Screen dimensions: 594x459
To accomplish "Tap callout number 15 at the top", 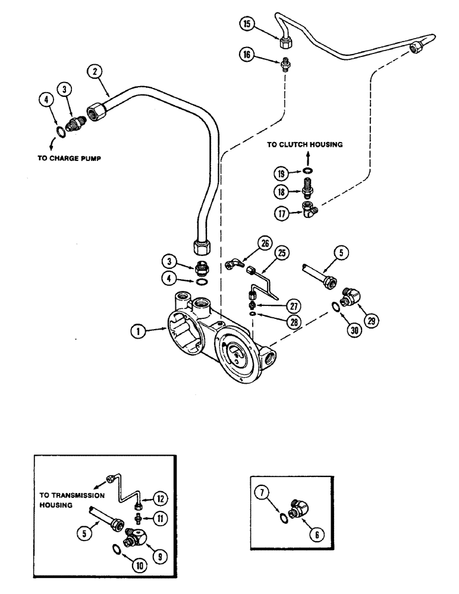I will pos(247,24).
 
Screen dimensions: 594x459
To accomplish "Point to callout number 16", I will pos(247,56).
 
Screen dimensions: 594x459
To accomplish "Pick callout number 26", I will pos(264,242).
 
